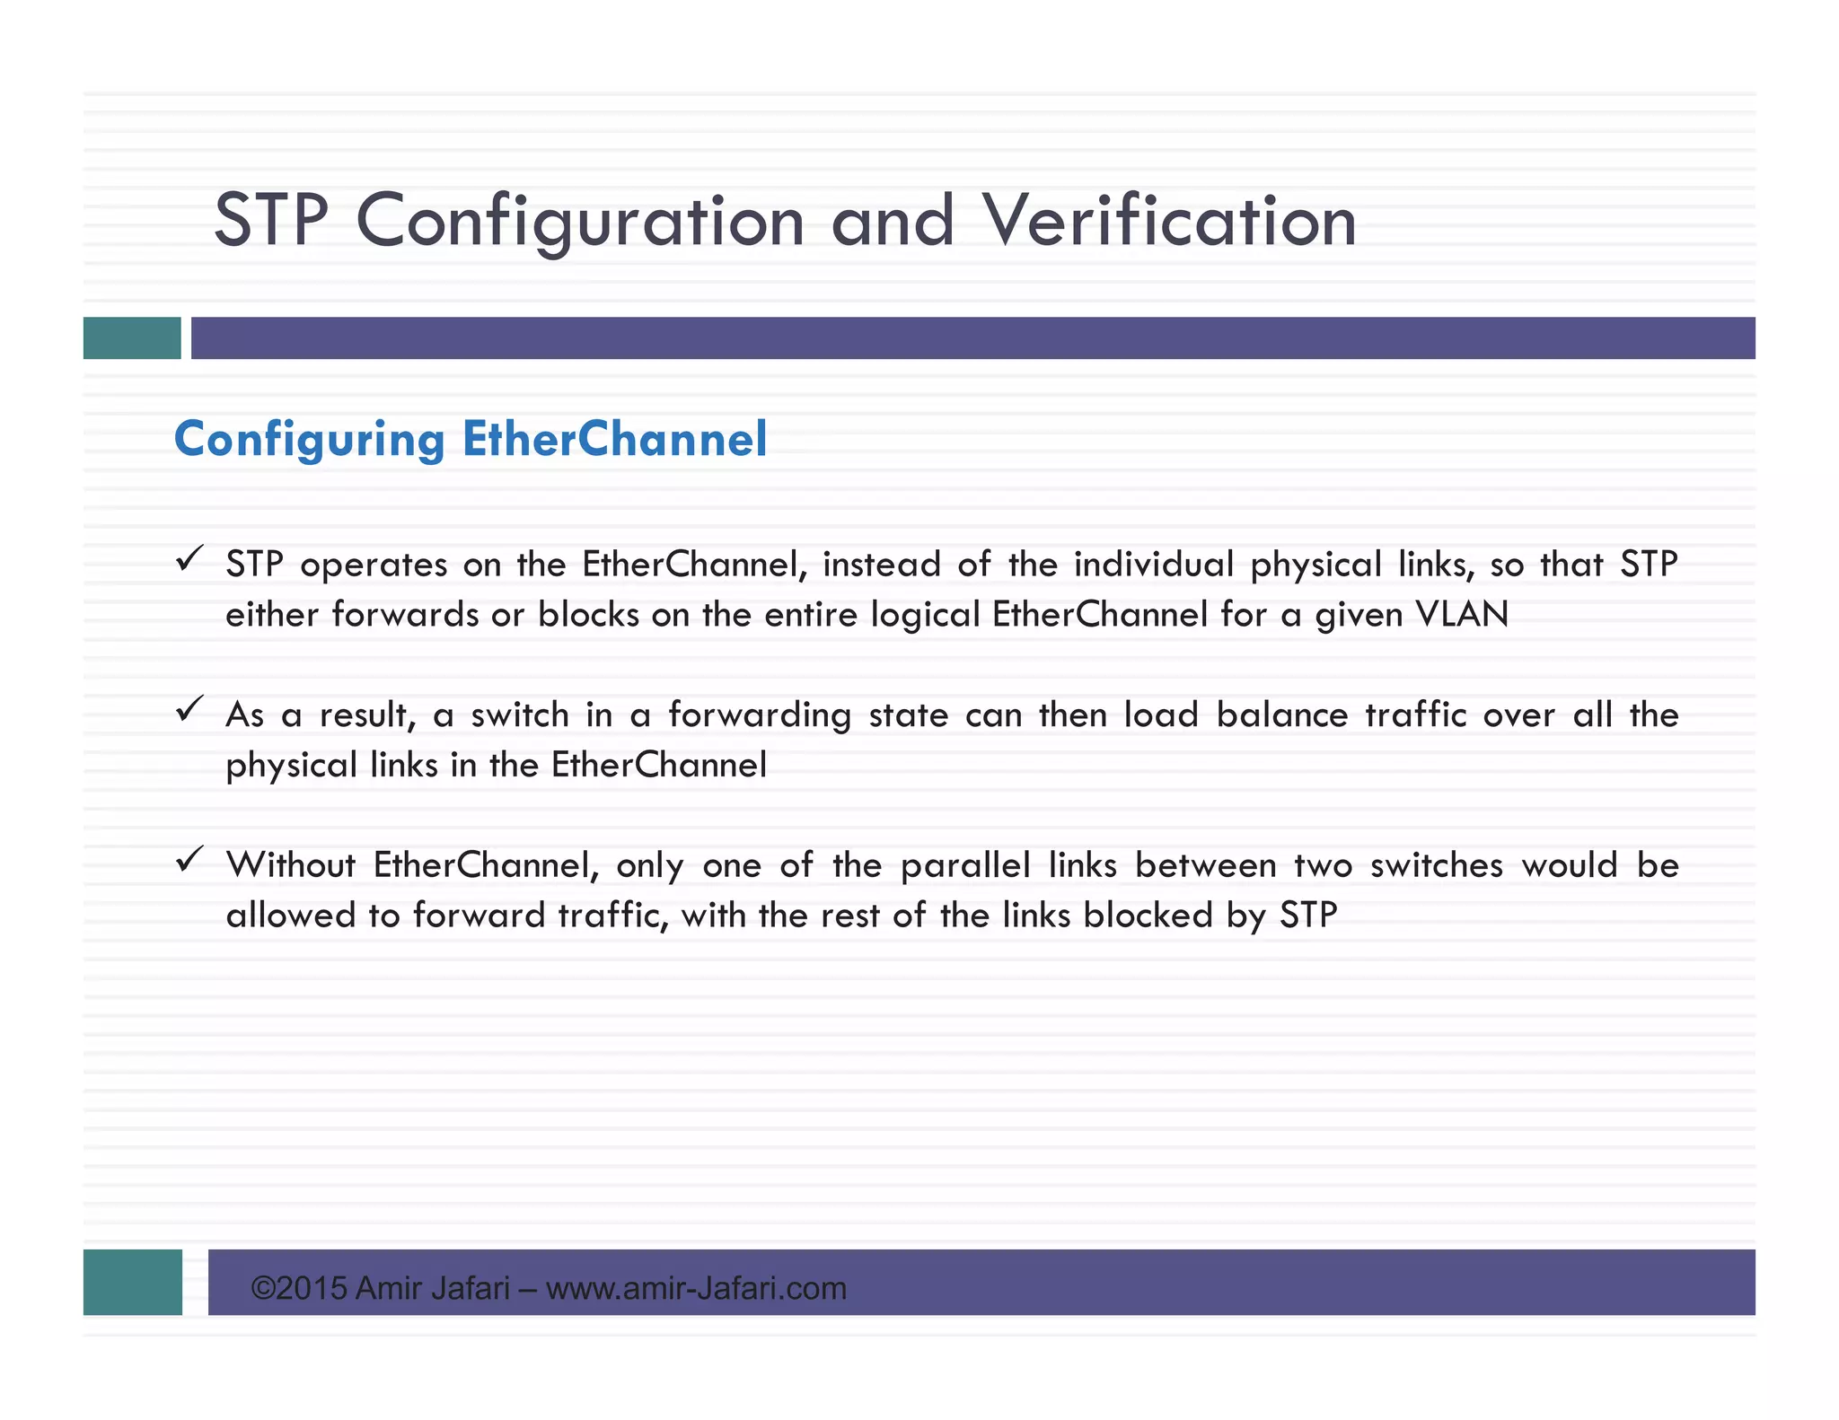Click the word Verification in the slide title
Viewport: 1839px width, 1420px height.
(1169, 222)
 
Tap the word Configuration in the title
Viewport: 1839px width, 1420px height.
(580, 222)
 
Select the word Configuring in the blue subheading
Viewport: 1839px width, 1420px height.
(309, 439)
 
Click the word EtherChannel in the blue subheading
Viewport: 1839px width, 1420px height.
(614, 439)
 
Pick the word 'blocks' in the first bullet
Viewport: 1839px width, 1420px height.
(588, 615)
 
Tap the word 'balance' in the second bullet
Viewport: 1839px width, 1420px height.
(1282, 715)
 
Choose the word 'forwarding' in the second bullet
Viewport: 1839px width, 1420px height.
(759, 715)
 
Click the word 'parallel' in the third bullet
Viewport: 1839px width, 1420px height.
(965, 865)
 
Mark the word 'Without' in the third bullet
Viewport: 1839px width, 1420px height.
(290, 865)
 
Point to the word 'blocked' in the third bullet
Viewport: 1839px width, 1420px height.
(1147, 916)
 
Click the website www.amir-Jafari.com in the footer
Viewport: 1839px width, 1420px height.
(696, 1289)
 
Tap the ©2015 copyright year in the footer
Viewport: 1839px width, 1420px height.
(299, 1289)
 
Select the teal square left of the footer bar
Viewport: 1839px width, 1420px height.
(133, 1282)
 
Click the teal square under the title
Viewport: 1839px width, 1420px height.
(132, 337)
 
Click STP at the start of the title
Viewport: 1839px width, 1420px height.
(271, 222)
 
